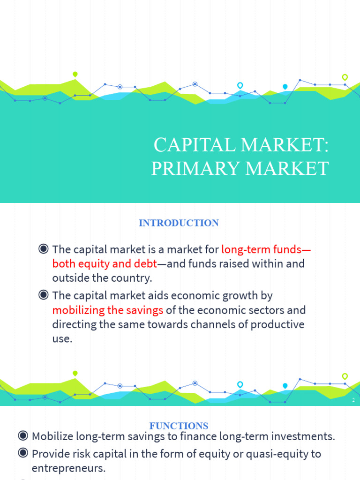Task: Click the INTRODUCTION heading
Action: [179, 223]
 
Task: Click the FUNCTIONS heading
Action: [179, 426]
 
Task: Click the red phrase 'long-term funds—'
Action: [266, 249]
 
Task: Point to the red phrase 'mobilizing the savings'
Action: [108, 310]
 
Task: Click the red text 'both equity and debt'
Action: [105, 263]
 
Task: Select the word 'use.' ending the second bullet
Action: [62, 338]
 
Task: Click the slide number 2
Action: [353, 400]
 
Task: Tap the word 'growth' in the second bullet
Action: [245, 296]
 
